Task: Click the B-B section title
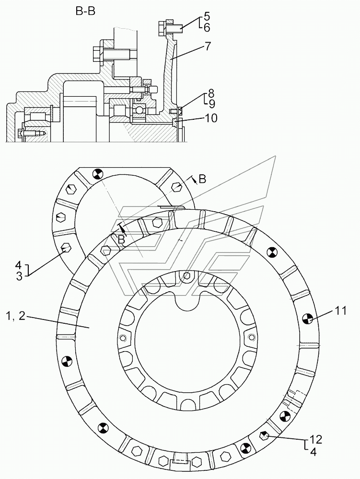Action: click(86, 11)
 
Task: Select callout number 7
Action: click(208, 46)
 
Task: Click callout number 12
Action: click(316, 439)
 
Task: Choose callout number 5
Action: click(207, 16)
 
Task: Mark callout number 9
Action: click(212, 104)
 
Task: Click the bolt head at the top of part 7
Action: click(162, 28)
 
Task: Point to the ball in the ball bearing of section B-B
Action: click(140, 109)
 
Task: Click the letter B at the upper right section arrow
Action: click(202, 180)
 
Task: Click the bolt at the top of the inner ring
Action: click(187, 276)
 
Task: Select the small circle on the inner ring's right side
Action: click(251, 337)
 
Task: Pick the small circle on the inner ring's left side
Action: click(123, 338)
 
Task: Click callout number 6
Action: click(207, 27)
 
